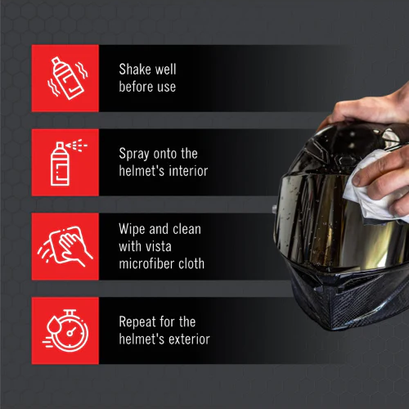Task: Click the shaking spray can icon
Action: coord(65,77)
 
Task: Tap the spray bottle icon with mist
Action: coord(65,162)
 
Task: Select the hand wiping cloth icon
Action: coord(65,246)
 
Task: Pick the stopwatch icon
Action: coord(65,330)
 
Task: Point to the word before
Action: coord(137,86)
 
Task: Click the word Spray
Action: coord(135,154)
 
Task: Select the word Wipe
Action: coord(133,230)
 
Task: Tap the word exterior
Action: coord(186,339)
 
